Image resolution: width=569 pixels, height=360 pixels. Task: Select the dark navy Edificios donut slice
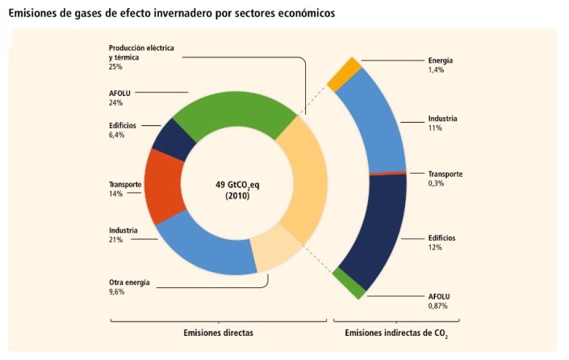pos(174,139)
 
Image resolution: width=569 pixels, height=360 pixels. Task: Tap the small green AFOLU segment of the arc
pos(349,283)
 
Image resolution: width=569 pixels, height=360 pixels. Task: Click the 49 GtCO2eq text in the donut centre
pos(237,184)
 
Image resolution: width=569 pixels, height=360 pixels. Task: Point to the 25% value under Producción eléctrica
pos(117,67)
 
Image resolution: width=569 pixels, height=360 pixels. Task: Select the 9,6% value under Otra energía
pos(119,291)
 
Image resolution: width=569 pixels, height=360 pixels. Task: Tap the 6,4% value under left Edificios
pos(118,135)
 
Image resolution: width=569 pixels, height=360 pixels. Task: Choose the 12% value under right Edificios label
pos(435,248)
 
